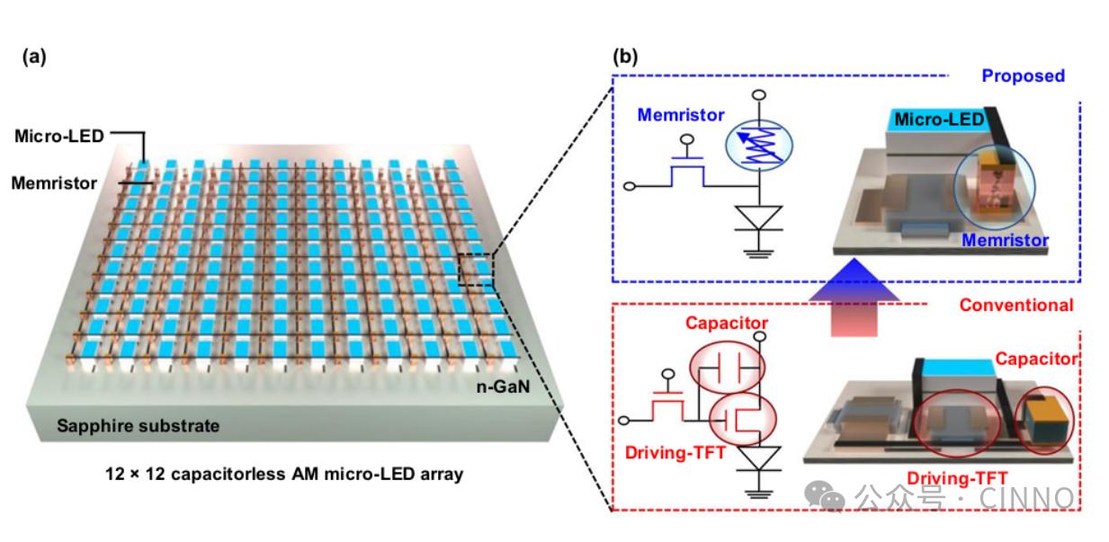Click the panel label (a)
33,58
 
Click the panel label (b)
625,57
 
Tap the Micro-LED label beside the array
59,137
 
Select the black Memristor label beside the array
54,183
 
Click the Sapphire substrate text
138,426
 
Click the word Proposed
1023,76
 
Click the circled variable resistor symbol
760,145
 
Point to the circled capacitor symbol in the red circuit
727,368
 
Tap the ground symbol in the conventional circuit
761,491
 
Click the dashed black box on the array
476,270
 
